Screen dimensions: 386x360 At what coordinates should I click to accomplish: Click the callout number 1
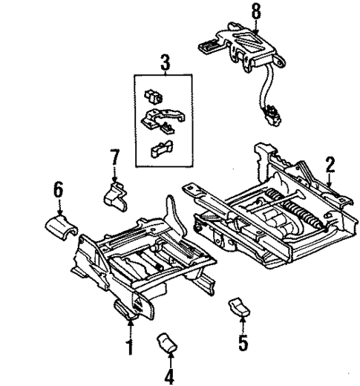[x=129, y=346]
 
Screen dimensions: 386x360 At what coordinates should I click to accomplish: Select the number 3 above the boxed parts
[x=165, y=62]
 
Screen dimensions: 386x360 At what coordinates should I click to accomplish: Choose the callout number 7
[x=114, y=157]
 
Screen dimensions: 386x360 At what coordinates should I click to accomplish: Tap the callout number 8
[x=256, y=11]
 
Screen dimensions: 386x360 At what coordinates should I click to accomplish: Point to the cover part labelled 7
[x=114, y=195]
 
